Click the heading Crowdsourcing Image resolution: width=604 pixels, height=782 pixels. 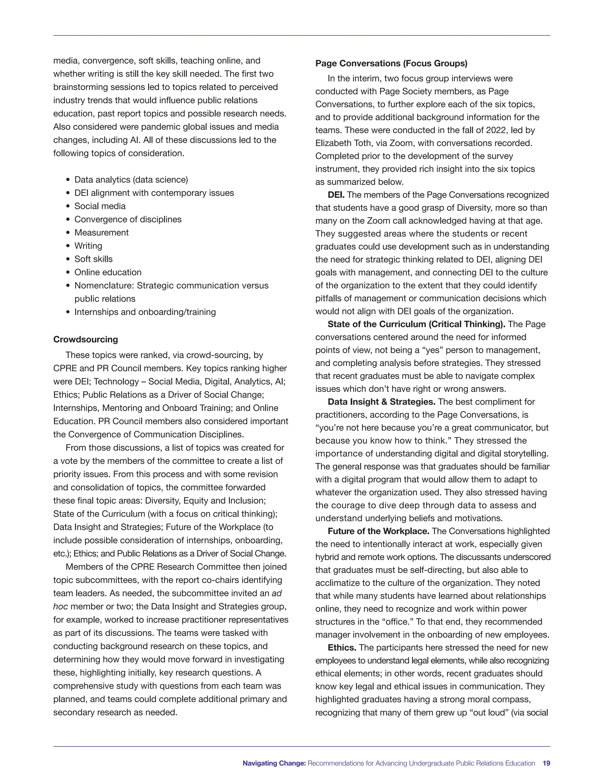86,339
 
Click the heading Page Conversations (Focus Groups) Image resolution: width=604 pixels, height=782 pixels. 391,63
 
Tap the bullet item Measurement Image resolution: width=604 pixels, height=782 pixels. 101,233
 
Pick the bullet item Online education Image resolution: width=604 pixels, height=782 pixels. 108,272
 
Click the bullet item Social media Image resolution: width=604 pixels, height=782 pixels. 100,206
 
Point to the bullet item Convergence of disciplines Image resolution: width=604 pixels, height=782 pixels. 128,220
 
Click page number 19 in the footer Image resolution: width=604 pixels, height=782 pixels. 546,763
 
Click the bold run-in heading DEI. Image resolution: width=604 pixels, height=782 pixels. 336,195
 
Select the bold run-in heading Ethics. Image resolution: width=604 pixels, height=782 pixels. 342,647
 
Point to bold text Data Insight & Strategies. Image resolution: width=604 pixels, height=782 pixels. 381,402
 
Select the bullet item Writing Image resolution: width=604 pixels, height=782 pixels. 88,246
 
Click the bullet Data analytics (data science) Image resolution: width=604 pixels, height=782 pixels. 131,180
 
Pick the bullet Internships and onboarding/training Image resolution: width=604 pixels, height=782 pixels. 145,312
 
